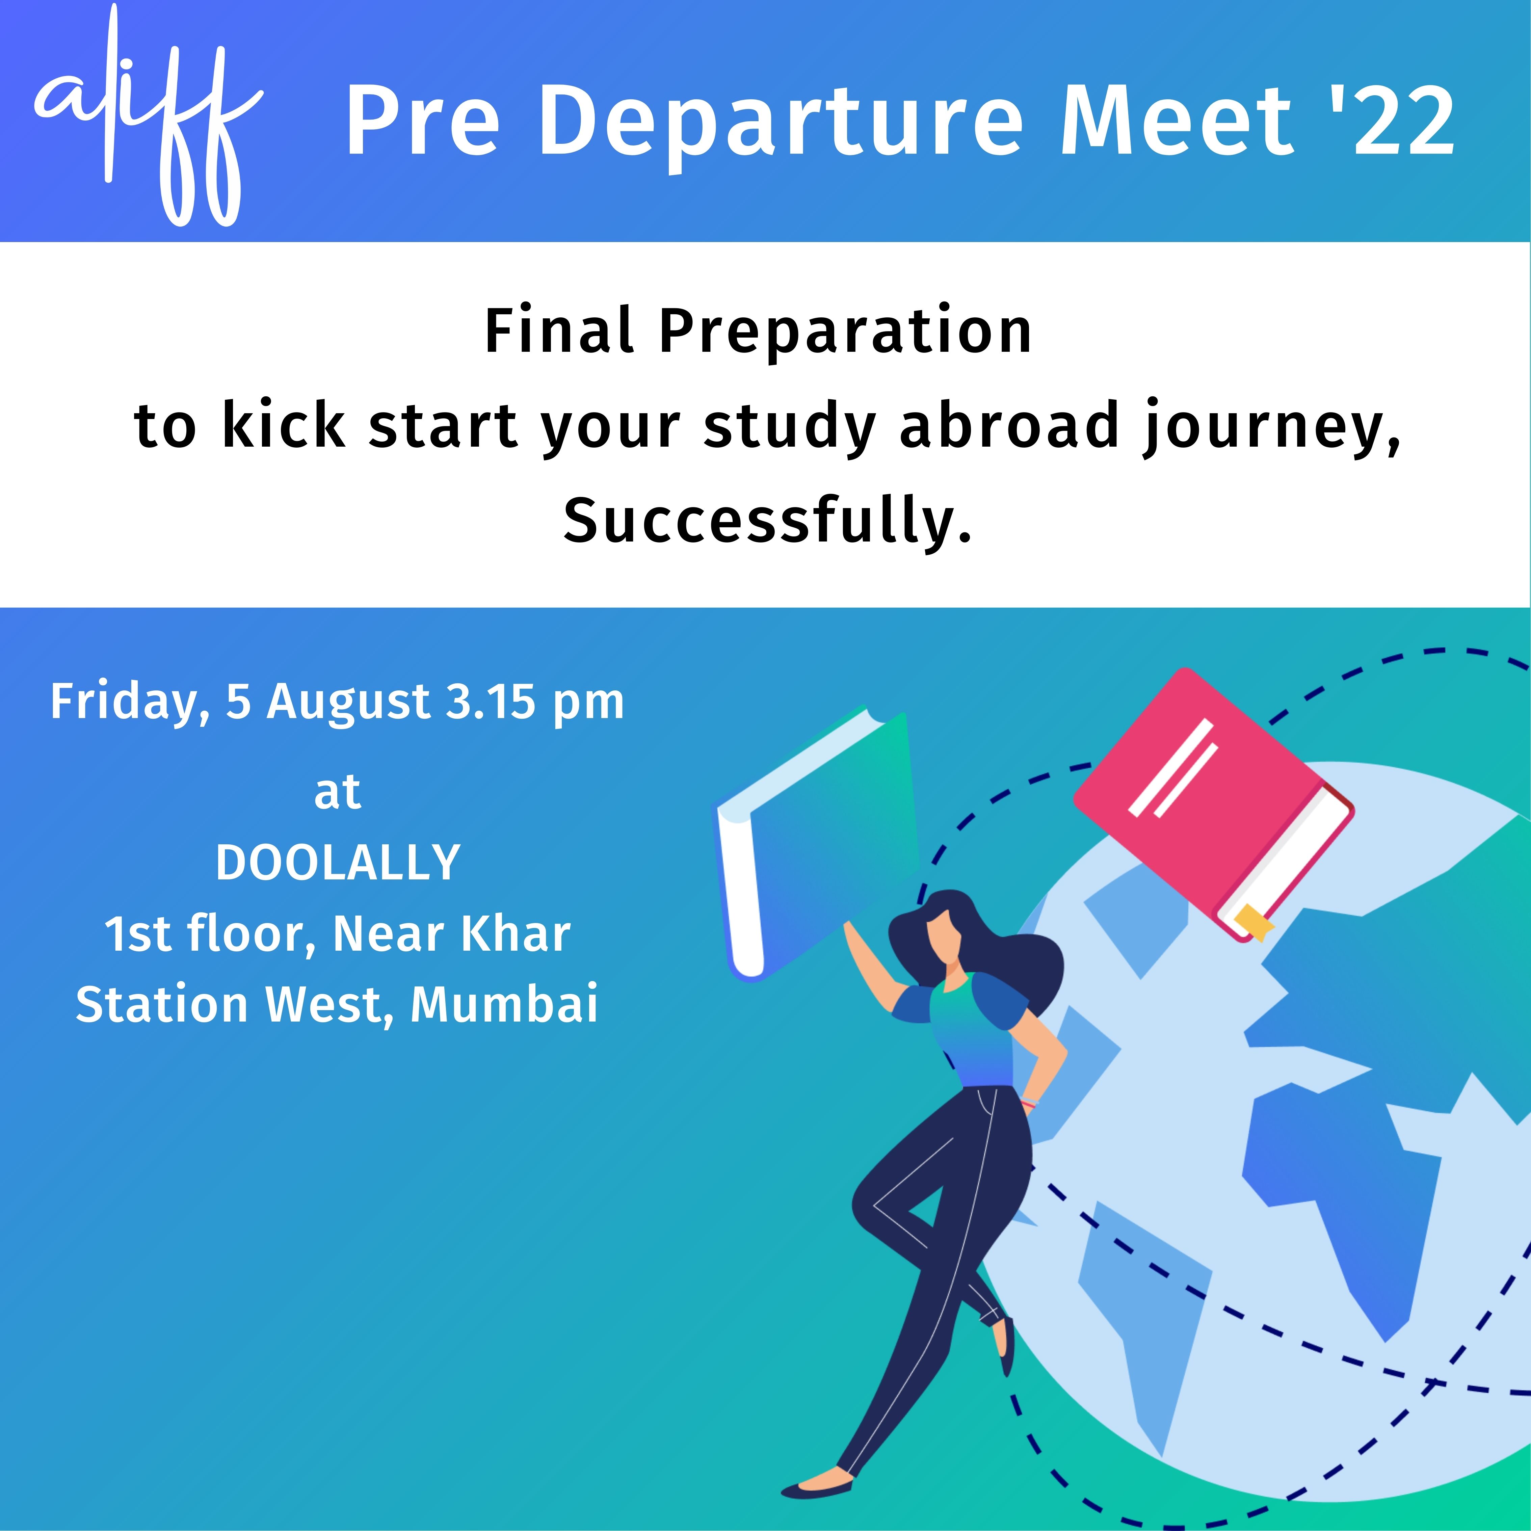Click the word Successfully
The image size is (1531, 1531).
pyautogui.click(x=767, y=522)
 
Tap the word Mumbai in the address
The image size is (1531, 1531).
pyautogui.click(x=504, y=1005)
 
